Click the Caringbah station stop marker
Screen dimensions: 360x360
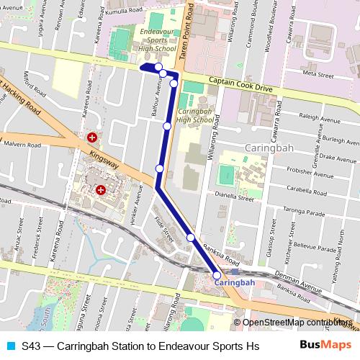(x=217, y=274)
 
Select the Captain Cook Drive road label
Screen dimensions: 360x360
(x=240, y=83)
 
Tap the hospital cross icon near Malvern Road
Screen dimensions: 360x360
(x=92, y=137)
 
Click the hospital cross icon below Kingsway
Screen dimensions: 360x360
(x=101, y=190)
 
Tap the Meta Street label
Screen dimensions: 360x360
(x=318, y=74)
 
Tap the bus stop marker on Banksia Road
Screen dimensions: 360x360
(x=191, y=237)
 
